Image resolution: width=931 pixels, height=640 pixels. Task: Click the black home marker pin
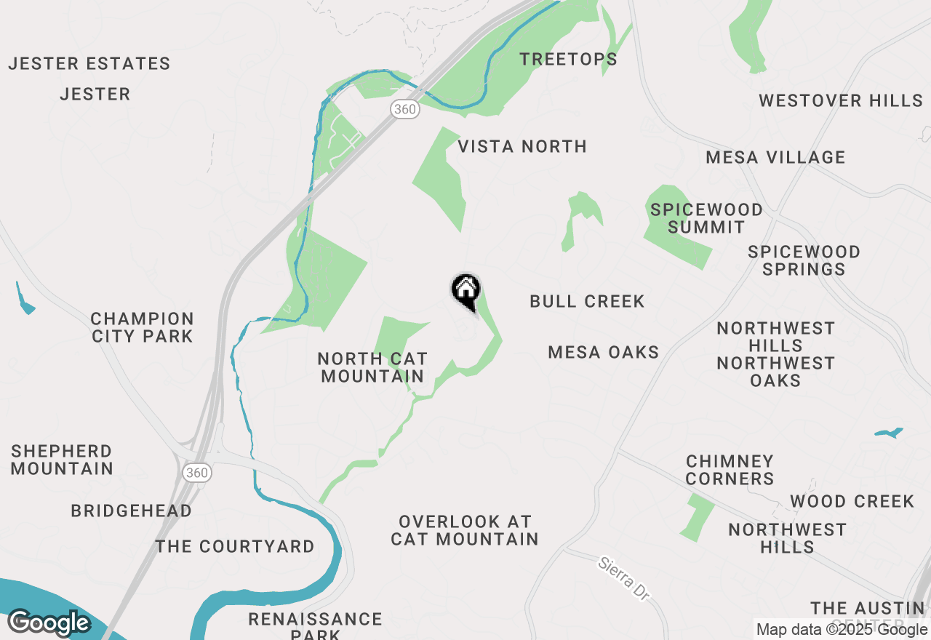point(465,290)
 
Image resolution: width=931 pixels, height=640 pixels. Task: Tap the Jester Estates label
point(89,64)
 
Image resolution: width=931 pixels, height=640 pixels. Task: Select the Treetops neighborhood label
point(568,60)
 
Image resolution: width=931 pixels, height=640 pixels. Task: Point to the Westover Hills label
point(841,100)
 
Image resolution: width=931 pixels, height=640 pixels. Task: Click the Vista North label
point(522,147)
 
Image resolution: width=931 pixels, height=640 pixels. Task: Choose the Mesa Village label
point(775,157)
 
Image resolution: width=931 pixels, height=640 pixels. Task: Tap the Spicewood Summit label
point(706,218)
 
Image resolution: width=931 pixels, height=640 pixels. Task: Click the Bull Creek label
point(587,301)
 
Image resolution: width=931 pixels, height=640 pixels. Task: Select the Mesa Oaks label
point(603,353)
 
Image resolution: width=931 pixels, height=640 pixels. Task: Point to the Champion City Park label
point(143,327)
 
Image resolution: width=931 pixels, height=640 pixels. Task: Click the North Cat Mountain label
point(372,367)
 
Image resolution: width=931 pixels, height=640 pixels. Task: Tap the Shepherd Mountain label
point(62,460)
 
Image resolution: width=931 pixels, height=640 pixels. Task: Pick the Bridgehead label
point(131,511)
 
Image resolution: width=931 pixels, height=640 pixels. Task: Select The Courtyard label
point(235,546)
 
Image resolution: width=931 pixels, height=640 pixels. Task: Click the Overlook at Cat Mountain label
point(465,530)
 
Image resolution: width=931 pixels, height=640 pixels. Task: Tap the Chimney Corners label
point(730,470)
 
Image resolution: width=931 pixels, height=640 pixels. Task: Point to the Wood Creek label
point(852,502)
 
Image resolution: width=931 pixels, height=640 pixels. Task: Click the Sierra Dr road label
point(623,579)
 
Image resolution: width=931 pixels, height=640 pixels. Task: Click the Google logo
point(49,623)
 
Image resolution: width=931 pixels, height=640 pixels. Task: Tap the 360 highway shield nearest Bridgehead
point(196,473)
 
